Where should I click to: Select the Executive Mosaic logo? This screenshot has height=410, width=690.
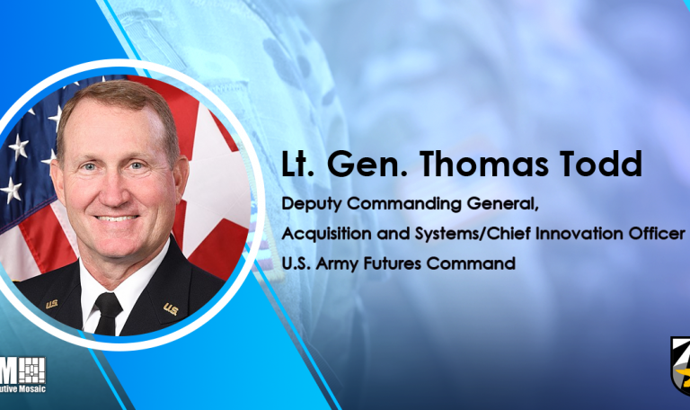click(23, 375)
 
